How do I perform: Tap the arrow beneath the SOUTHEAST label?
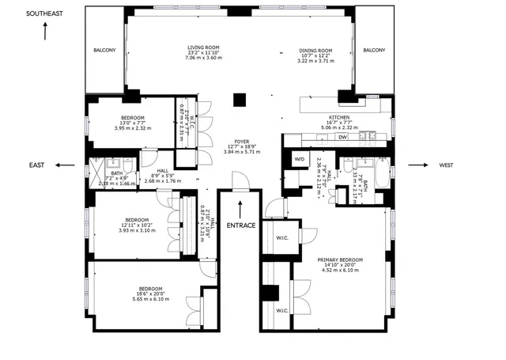tap(46, 32)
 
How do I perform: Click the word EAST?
tap(36, 165)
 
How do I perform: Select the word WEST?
tap(467, 165)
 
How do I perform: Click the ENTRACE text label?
tap(240, 225)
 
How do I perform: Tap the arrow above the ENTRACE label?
tap(240, 208)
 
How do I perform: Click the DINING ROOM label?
tap(315, 51)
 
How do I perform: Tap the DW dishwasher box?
tap(342, 137)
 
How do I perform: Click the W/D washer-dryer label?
tap(300, 159)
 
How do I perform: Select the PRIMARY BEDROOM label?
tap(340, 260)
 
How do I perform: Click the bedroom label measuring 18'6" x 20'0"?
tap(149, 288)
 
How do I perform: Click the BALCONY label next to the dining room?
tap(374, 51)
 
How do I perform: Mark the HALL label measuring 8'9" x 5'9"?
tap(162, 170)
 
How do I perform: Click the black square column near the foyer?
tap(240, 100)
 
